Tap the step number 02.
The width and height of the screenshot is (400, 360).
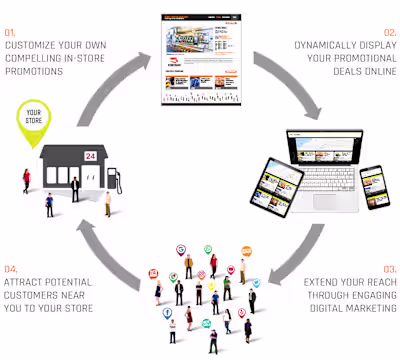tap(388, 33)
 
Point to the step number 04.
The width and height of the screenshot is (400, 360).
tap(11, 269)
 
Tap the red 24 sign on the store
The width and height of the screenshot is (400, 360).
tap(90, 156)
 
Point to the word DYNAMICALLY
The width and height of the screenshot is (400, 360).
tap(343, 45)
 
